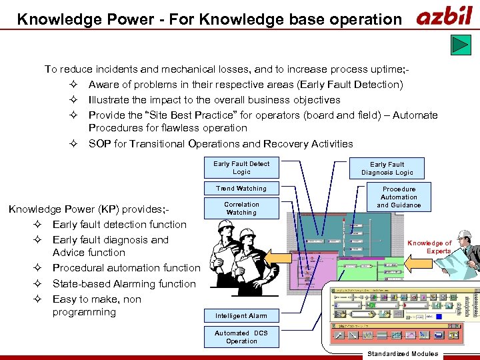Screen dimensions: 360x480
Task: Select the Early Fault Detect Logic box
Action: pyautogui.click(x=241, y=168)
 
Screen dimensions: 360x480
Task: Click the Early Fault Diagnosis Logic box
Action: pyautogui.click(x=387, y=168)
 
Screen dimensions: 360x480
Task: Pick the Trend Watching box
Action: pyautogui.click(x=241, y=189)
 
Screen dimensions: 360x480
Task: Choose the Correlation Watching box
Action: pyautogui.click(x=241, y=208)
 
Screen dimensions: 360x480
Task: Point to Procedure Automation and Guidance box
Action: pyautogui.click(x=399, y=197)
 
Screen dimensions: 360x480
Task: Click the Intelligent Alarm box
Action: pyautogui.click(x=241, y=316)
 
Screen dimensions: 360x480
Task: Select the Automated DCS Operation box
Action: pyautogui.click(x=241, y=337)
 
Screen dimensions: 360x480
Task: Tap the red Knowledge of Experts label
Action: pyautogui.click(x=429, y=247)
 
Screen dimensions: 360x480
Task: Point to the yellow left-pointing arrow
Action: pyautogui.click(x=418, y=264)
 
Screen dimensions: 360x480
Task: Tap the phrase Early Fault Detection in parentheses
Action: pyautogui.click(x=351, y=85)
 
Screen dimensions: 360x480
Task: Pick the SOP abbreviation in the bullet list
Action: pyautogui.click(x=101, y=144)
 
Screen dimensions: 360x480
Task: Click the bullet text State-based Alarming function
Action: pyautogui.click(x=124, y=284)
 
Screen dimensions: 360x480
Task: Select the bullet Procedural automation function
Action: pyautogui.click(x=126, y=268)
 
